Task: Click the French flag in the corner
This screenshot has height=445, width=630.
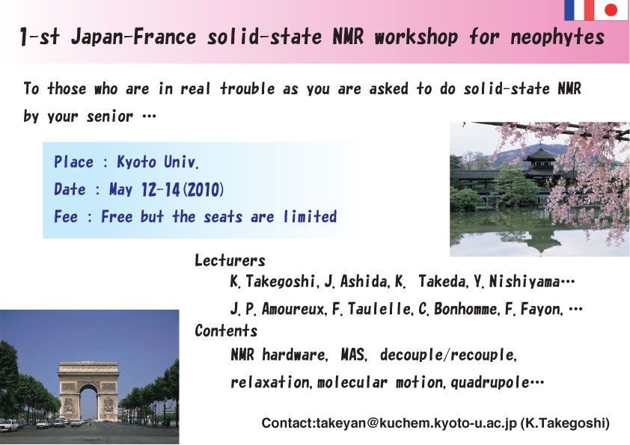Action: coord(579,10)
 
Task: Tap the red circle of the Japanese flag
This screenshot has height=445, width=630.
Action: coord(611,10)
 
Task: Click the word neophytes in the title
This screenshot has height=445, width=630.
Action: coord(557,37)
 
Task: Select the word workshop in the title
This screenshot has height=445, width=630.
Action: coord(416,37)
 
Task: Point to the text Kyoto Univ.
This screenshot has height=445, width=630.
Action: coord(157,162)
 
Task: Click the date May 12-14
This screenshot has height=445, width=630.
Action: coord(144,189)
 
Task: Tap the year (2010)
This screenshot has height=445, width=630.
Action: coord(204,189)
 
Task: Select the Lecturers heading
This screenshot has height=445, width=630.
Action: coord(230,260)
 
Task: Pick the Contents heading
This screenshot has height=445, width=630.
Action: coord(226,331)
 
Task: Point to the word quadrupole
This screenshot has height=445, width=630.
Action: coord(490,382)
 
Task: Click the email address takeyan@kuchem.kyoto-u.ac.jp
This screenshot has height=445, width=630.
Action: coord(416,423)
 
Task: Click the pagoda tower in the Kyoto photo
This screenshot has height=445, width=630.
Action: coord(540,165)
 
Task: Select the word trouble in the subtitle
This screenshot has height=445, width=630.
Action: coord(248,88)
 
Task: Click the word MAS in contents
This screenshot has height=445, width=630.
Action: coord(354,355)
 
